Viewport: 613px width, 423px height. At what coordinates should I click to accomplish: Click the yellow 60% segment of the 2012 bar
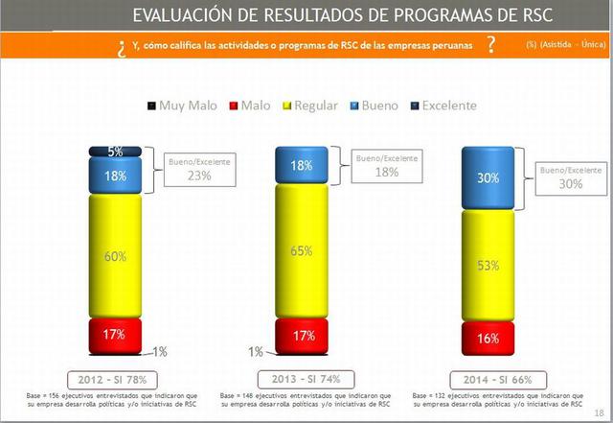115,255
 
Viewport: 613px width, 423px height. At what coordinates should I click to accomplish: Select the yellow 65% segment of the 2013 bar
302,250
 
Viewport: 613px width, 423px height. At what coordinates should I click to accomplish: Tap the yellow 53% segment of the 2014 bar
488,266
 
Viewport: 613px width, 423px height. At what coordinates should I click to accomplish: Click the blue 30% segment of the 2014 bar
488,178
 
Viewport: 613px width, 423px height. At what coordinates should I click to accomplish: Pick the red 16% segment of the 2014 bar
488,339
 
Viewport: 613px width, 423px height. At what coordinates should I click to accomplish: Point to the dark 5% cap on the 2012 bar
115,152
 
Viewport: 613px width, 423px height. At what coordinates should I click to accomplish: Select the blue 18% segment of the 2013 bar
302,165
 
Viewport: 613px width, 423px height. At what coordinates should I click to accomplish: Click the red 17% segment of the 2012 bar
115,335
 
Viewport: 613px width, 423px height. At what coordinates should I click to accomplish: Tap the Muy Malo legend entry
183,106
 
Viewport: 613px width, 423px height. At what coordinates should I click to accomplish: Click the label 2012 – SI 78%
115,378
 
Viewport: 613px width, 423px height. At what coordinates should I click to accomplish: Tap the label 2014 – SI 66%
488,378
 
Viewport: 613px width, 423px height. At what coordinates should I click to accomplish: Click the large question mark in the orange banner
490,45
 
